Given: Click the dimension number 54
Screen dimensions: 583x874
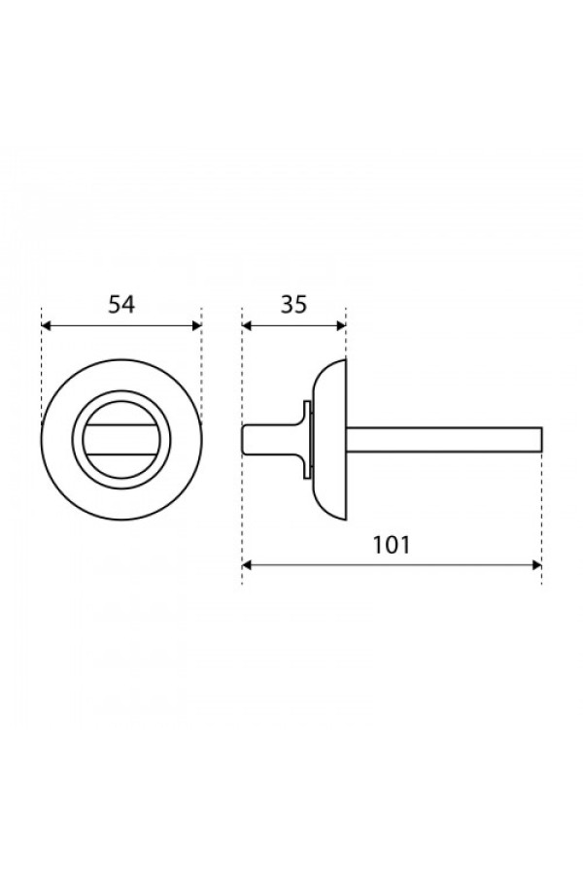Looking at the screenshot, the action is point(121,305).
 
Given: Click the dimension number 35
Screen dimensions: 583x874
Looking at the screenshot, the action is point(293,305).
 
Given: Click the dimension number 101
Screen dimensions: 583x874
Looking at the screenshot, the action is point(391,545).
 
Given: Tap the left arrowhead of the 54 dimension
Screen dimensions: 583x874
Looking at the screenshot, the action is point(47,326).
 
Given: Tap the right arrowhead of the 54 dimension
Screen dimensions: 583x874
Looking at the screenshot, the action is point(196,326).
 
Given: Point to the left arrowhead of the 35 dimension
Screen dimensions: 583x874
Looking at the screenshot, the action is point(247,326).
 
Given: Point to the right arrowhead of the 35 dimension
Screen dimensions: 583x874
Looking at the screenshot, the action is point(341,326).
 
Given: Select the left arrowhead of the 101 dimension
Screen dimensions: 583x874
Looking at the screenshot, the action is point(247,565).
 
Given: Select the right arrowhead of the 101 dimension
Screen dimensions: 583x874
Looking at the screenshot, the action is point(536,565).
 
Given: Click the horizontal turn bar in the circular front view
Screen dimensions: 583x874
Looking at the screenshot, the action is point(121,439).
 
